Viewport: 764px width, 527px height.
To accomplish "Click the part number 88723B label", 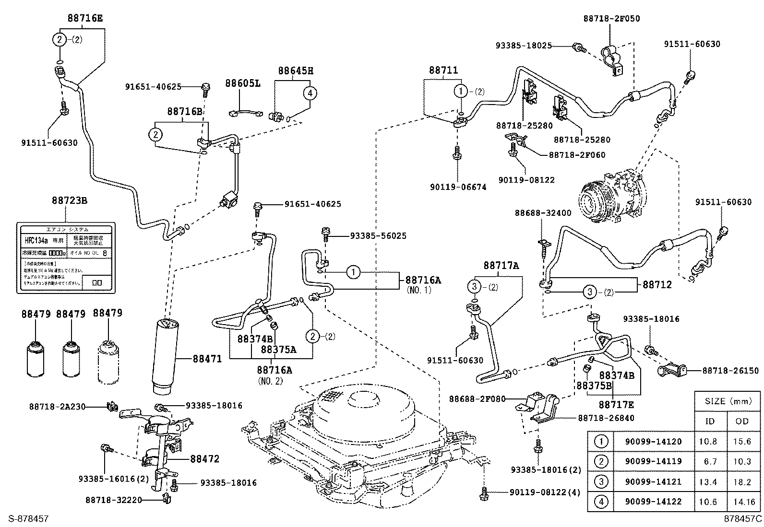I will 70,200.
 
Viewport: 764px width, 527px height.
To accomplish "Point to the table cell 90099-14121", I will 653,481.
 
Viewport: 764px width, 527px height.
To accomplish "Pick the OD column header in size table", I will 741,421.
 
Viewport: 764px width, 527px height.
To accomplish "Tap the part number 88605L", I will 243,83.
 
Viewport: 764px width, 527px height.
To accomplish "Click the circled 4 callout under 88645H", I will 310,93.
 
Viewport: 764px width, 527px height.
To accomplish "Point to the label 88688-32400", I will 543,212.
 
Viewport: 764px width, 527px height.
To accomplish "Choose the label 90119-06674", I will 458,187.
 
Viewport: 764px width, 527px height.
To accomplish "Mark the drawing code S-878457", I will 24,519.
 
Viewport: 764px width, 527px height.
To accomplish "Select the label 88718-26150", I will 730,371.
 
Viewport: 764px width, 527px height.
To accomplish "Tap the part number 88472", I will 204,459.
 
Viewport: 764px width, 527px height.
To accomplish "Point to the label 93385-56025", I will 378,235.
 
